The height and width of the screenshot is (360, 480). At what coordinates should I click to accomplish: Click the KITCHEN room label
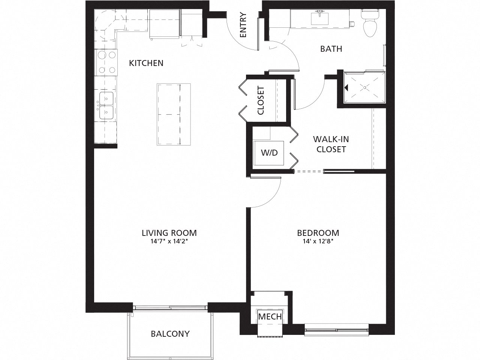tap(146, 63)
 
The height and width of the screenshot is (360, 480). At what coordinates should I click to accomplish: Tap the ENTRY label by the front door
tap(243, 25)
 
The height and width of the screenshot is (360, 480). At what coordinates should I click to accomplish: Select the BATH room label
tap(331, 49)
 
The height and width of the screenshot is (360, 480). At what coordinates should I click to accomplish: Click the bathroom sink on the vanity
tap(320, 17)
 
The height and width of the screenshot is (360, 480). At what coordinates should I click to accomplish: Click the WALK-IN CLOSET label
tap(331, 144)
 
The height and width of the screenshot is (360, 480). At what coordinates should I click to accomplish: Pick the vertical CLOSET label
tap(261, 100)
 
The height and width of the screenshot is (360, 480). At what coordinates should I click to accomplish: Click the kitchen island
tap(174, 114)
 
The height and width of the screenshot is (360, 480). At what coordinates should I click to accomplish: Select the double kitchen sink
tap(106, 106)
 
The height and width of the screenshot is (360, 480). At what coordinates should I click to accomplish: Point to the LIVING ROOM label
tap(169, 233)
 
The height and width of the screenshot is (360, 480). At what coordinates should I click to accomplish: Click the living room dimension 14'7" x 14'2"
tap(169, 242)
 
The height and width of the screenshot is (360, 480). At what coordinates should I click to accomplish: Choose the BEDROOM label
tap(318, 233)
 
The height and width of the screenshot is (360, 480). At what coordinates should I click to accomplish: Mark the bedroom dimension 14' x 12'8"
tap(318, 242)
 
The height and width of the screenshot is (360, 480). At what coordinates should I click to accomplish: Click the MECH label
tap(270, 316)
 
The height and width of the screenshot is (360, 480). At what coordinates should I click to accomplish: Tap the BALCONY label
tap(170, 334)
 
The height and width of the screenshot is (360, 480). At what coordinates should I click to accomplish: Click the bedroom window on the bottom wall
tap(336, 330)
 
